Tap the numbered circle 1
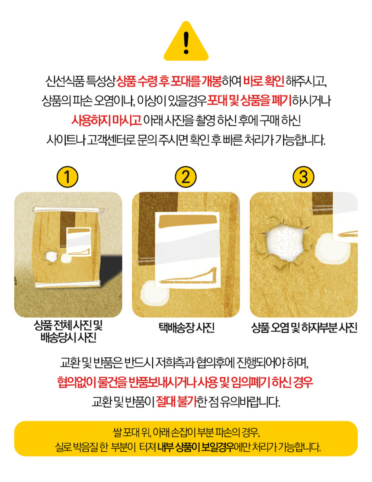click(x=67, y=177)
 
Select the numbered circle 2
click(x=186, y=177)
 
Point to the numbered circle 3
click(x=303, y=177)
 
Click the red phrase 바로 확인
click(x=264, y=81)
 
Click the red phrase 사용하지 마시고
click(x=106, y=120)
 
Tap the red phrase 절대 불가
click(x=176, y=401)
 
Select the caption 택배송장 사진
click(x=186, y=327)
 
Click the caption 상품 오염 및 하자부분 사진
click(x=304, y=327)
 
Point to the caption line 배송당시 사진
click(x=68, y=337)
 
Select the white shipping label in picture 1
click(x=79, y=242)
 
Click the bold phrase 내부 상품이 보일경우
click(x=196, y=447)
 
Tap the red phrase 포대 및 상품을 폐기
click(x=249, y=101)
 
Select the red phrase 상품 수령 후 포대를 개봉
click(x=169, y=81)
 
